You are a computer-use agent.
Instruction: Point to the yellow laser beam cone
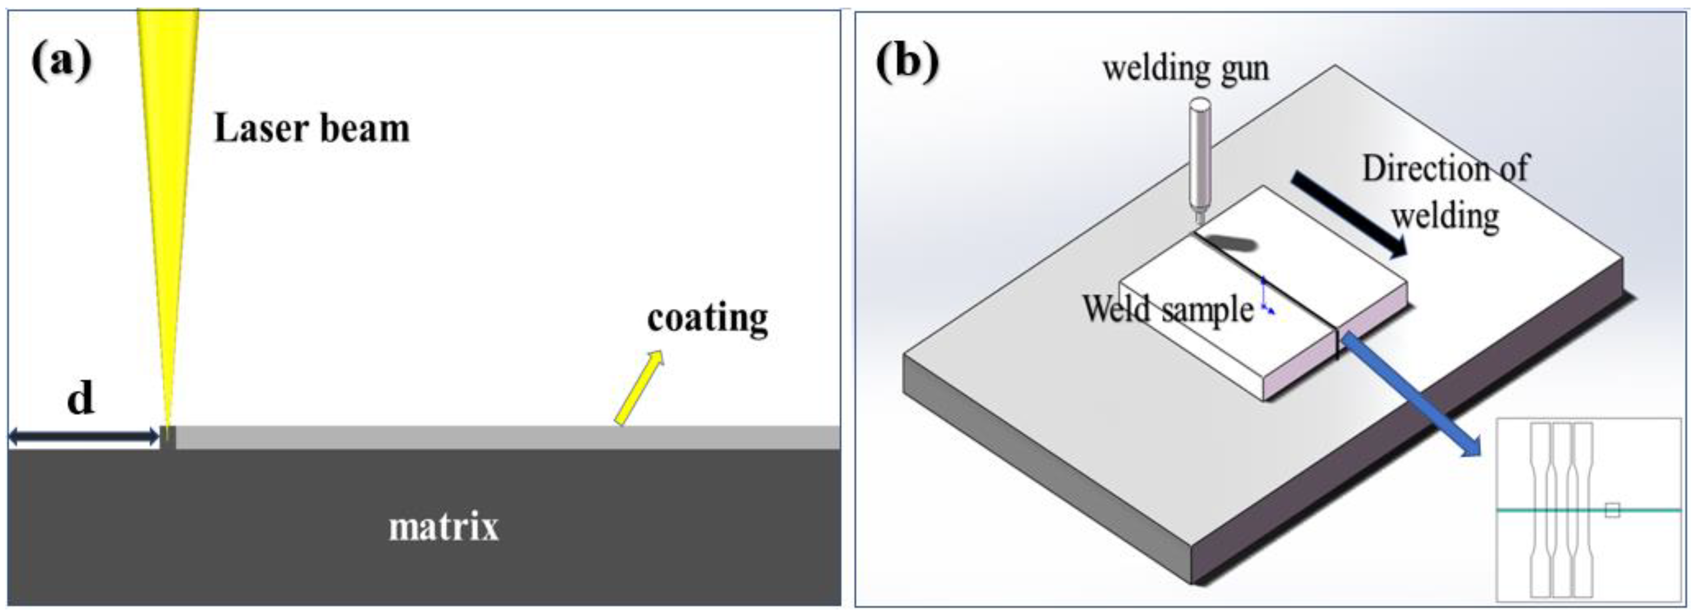168,164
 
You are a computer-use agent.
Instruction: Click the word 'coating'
707,319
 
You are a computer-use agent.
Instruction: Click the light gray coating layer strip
506,438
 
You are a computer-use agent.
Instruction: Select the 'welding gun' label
1186,69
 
